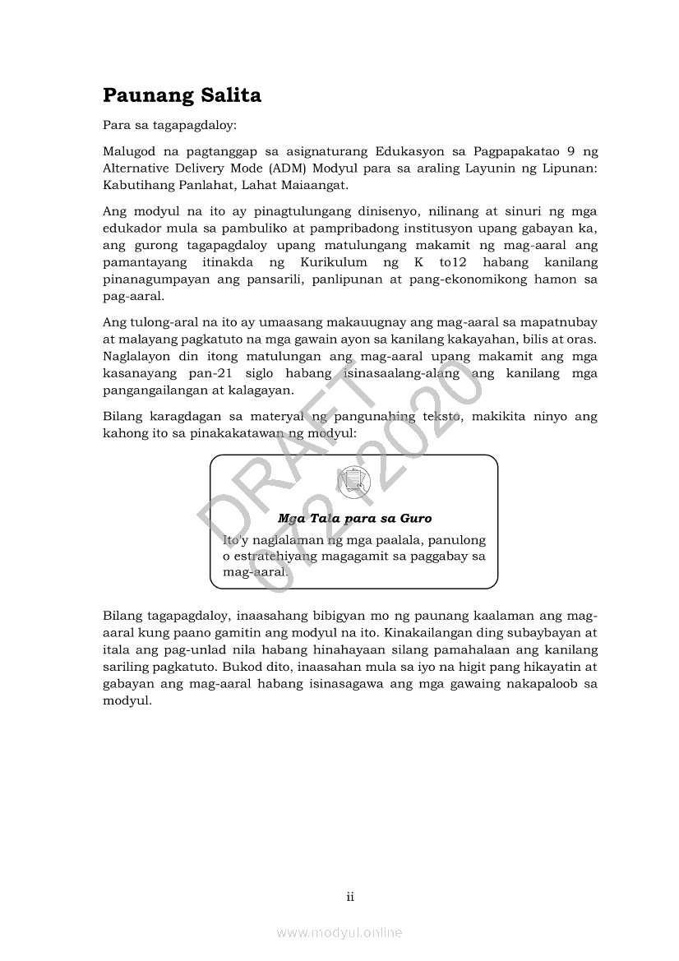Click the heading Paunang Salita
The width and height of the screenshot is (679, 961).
point(182,95)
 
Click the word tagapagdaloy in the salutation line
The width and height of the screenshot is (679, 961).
point(178,127)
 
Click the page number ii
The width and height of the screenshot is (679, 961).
point(350,897)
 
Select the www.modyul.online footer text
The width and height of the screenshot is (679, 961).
point(339,933)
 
